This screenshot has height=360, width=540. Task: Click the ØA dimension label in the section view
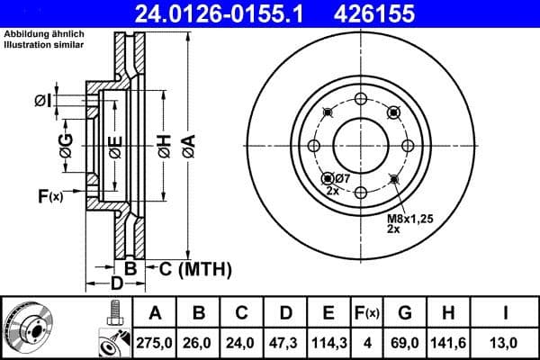pos(187,144)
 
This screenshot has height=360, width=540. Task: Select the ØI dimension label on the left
pos(41,100)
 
